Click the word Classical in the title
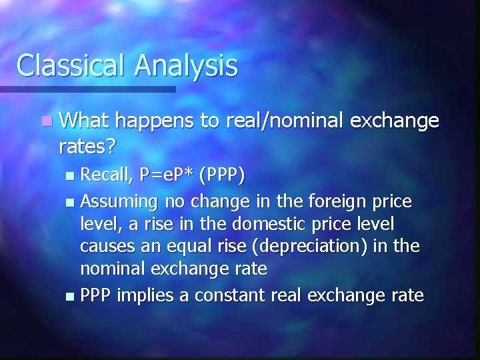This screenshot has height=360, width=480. (70, 65)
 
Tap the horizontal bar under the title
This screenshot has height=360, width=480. (87, 89)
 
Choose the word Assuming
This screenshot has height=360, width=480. (119, 201)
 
